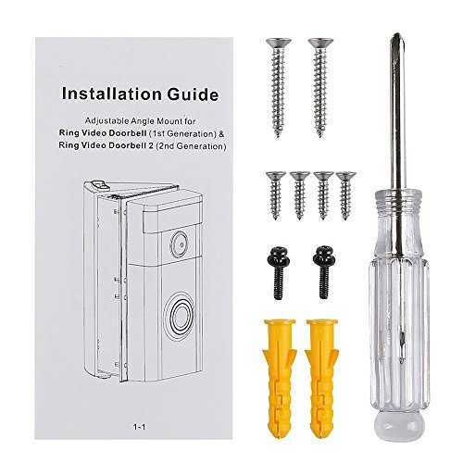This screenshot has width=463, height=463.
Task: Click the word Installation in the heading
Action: coord(111,94)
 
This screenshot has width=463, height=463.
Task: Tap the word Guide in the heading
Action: coord(193,94)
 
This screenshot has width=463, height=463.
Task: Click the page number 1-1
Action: coord(139,427)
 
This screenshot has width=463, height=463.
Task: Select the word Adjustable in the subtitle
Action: coord(106,121)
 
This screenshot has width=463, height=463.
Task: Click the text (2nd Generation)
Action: coord(191,145)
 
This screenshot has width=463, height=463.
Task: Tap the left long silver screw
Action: coord(278,87)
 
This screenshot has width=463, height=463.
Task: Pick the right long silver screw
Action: coord(320,87)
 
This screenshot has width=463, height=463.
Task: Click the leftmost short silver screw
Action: coord(275,195)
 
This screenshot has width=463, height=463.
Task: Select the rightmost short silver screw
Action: coord(346,195)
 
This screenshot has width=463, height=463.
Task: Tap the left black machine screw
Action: coord(278,272)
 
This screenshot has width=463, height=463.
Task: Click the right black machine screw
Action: coord(323,271)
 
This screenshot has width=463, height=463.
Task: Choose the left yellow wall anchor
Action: coord(280,378)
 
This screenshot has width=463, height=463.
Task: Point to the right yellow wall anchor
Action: coord(322,378)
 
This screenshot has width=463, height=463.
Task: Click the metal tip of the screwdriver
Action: coord(396,40)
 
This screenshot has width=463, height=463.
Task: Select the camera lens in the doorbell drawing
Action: coord(180,244)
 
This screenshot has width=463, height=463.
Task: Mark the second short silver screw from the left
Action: coord(299,195)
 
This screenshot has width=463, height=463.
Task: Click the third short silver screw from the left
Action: coord(323,195)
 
